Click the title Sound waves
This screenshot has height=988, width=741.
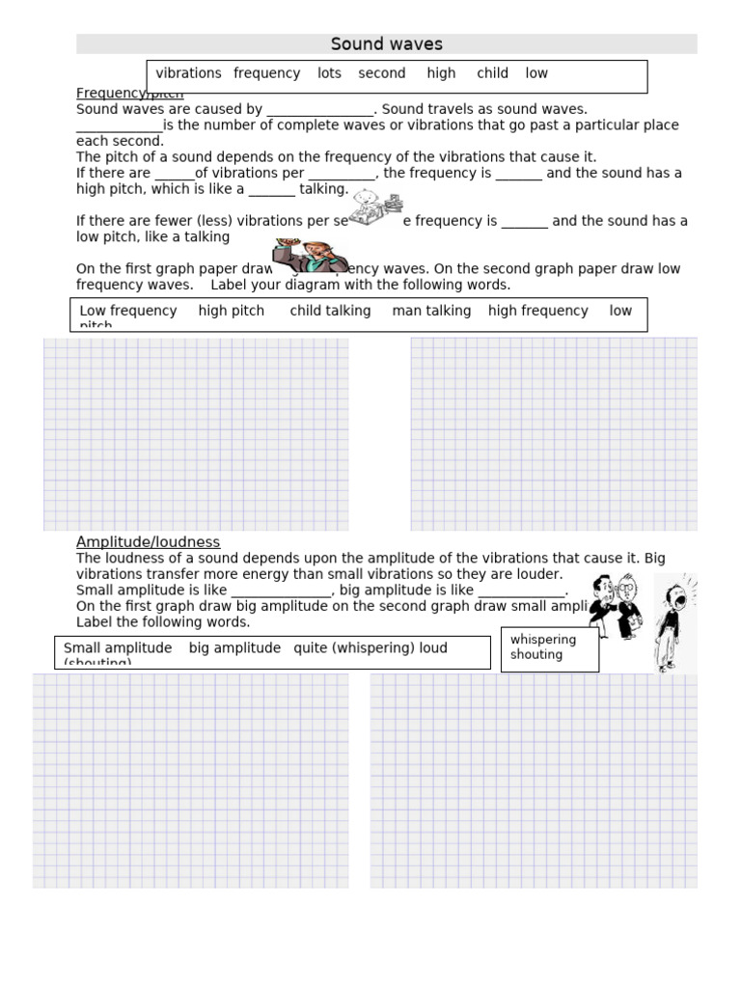tap(386, 44)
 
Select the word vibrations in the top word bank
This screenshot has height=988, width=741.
tap(188, 73)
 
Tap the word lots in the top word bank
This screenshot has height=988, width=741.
tap(329, 73)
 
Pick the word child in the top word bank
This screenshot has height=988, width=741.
tap(492, 73)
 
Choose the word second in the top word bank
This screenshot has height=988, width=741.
tap(382, 73)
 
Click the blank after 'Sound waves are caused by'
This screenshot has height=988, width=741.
tap(319, 110)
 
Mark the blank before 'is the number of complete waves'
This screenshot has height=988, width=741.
tap(119, 125)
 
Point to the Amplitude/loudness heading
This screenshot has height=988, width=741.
tap(148, 542)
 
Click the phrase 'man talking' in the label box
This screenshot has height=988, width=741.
tap(431, 311)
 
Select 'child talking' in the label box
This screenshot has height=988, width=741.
tap(330, 311)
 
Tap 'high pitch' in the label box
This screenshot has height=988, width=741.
tap(231, 311)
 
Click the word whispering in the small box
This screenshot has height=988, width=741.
tap(543, 640)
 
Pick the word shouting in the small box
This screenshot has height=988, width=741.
tap(536, 655)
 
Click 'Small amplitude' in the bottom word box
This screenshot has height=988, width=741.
tap(117, 648)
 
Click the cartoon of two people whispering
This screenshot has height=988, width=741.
tap(615, 606)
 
